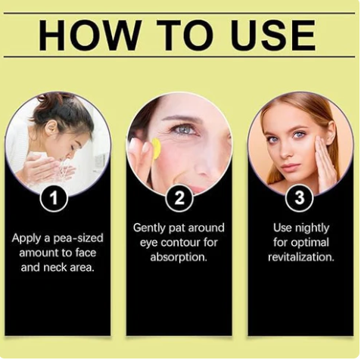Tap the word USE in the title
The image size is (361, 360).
pos(274,35)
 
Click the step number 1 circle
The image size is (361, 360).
pos(54,198)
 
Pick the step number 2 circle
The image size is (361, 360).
pos(179,198)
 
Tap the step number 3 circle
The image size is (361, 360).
pos(300,197)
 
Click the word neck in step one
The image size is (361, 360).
pos(55,268)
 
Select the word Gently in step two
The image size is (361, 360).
pos(150,228)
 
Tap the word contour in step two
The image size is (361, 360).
pos(179,243)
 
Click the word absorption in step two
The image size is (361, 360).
pos(179,257)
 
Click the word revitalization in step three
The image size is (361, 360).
pos(301,257)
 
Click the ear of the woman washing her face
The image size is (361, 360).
pos(51,129)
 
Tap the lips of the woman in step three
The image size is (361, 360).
pos(289,167)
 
